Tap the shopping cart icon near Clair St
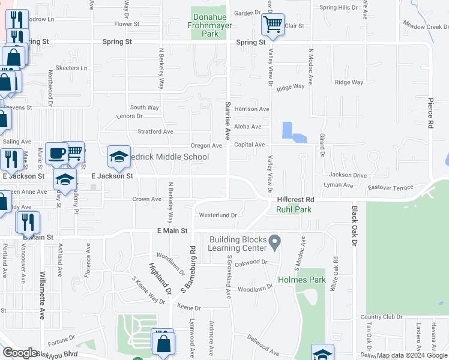pyautogui.click(x=273, y=25)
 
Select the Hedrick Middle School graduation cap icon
pyautogui.click(x=119, y=157)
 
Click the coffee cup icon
pyautogui.click(x=56, y=153)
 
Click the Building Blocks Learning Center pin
pyautogui.click(x=275, y=242)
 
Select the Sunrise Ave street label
pyautogui.click(x=228, y=120)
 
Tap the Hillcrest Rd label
pyautogui.click(x=296, y=199)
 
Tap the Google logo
pyautogui.click(x=20, y=353)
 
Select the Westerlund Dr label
pyautogui.click(x=218, y=215)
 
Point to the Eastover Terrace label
pyautogui.click(x=390, y=188)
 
